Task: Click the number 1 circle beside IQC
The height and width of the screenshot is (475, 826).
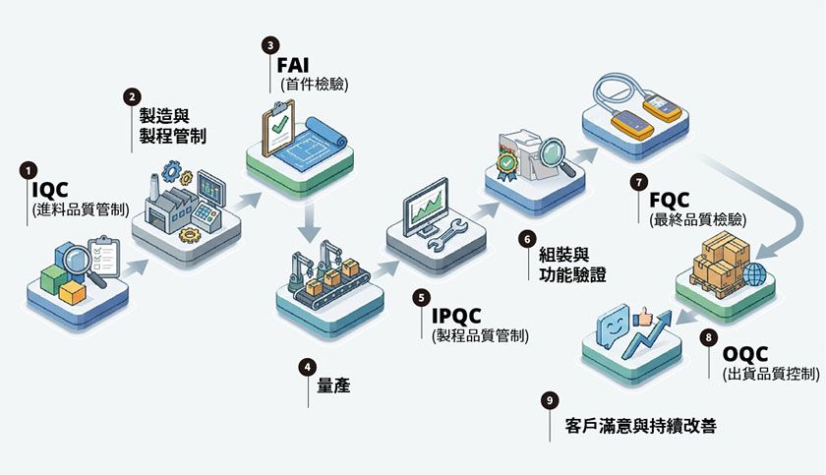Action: [x=29, y=169]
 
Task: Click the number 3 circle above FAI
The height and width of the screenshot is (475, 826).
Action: [x=270, y=45]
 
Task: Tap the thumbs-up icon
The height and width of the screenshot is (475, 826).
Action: [x=643, y=316]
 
